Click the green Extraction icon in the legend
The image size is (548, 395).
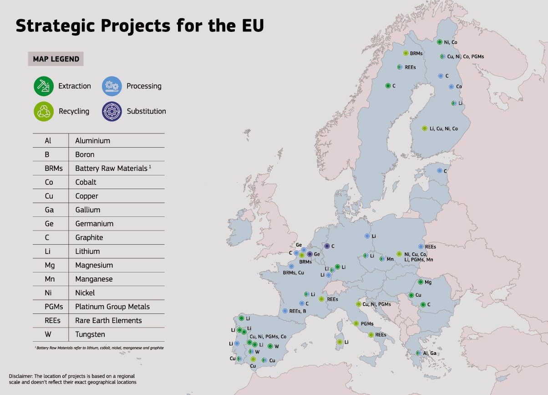43,86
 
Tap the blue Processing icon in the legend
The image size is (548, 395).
112,86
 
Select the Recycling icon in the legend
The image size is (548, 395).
43,111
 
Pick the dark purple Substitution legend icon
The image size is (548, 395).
112,111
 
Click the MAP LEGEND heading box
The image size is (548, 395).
56,59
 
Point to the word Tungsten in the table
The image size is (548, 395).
90,334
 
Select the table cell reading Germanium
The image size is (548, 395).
94,224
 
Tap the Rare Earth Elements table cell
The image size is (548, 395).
108,320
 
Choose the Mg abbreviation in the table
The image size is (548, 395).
49,265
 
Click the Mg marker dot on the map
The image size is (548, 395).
421,282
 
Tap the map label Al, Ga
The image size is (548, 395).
430,353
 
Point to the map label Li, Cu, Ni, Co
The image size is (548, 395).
443,128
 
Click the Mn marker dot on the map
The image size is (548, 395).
382,259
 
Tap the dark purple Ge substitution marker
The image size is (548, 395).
310,254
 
